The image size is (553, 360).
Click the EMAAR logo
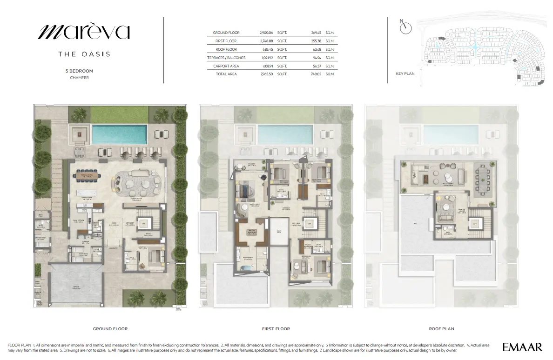(x=522, y=347)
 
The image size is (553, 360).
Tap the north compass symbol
(x=406, y=27)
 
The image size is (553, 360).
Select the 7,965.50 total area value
(x=266, y=74)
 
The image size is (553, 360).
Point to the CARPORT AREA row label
(x=226, y=66)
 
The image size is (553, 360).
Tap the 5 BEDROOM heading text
(x=79, y=71)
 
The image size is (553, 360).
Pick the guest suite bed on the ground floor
(x=154, y=256)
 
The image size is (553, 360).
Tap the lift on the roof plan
(x=474, y=224)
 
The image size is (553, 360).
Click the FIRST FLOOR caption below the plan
(x=276, y=329)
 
